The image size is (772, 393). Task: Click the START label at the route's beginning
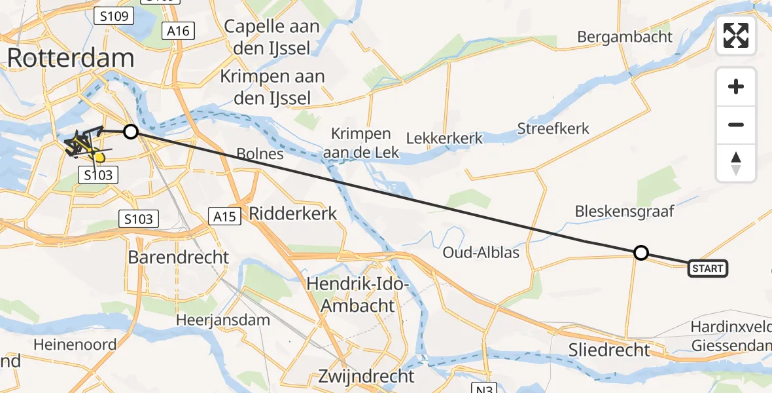click(707, 268)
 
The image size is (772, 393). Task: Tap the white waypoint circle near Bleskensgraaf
click(641, 253)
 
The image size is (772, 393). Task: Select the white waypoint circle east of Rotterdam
click(131, 132)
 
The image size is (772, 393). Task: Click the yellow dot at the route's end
click(99, 157)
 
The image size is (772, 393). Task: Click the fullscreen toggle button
click(736, 35)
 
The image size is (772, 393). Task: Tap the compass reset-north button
click(736, 163)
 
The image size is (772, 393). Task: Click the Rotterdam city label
click(71, 58)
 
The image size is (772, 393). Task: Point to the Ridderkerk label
click(293, 213)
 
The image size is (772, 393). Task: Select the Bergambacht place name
click(624, 37)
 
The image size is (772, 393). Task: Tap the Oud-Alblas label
click(481, 252)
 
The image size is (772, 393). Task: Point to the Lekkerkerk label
click(444, 138)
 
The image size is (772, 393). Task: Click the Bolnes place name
click(260, 155)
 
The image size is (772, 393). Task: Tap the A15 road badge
click(222, 215)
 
